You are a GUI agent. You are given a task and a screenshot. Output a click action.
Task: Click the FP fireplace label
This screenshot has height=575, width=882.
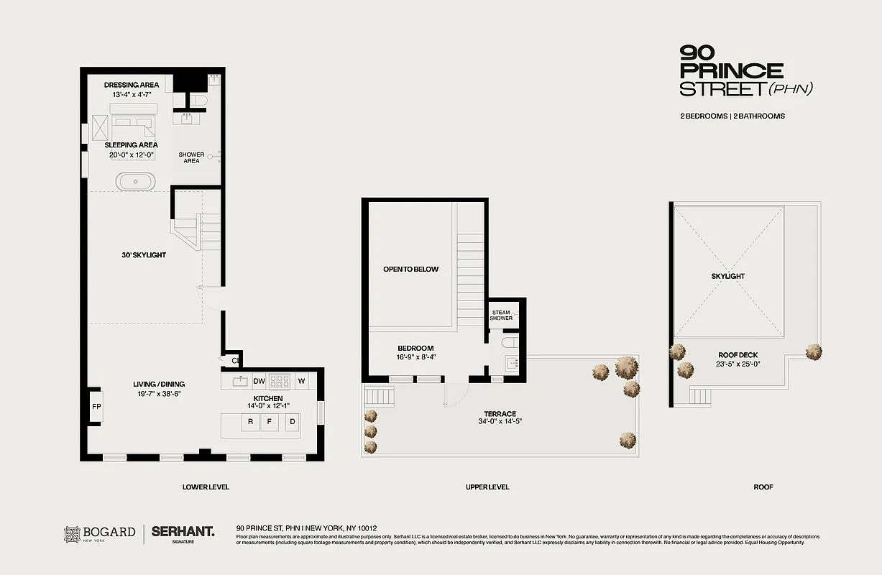pos(96,407)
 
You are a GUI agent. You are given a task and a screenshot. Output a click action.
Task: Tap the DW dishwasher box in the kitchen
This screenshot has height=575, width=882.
pos(259,381)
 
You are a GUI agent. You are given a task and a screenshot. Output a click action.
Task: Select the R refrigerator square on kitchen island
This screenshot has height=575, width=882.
pos(250,422)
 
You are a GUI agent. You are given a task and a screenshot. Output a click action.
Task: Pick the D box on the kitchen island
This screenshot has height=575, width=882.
pos(292,422)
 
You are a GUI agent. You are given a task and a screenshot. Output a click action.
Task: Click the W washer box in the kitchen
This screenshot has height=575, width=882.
pos(301,381)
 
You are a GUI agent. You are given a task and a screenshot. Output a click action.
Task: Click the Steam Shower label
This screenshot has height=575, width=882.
pos(501,315)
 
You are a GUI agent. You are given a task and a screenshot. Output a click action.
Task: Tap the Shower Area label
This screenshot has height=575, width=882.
pos(191,157)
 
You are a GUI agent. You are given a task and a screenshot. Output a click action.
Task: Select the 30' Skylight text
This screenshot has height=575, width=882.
pos(144,255)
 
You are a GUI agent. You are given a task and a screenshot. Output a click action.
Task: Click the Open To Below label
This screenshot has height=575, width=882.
pos(410,270)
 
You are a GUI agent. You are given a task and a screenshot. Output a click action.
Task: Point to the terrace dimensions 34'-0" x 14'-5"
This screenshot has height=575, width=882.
pos(500,423)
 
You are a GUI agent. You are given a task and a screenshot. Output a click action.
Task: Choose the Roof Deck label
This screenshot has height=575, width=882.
pos(738,355)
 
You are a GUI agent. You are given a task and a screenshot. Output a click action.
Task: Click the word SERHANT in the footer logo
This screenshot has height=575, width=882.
pos(183,532)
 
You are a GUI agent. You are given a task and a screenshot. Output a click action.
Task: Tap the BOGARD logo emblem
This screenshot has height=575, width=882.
pos(72,533)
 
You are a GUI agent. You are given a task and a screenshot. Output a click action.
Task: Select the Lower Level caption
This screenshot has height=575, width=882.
pos(206,487)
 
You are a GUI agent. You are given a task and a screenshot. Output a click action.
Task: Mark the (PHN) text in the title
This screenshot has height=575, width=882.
pos(791,89)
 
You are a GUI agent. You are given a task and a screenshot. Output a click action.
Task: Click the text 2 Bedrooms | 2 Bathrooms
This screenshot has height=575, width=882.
pos(732,116)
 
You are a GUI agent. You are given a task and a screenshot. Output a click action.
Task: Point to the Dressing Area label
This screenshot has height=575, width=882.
pos(132,85)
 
